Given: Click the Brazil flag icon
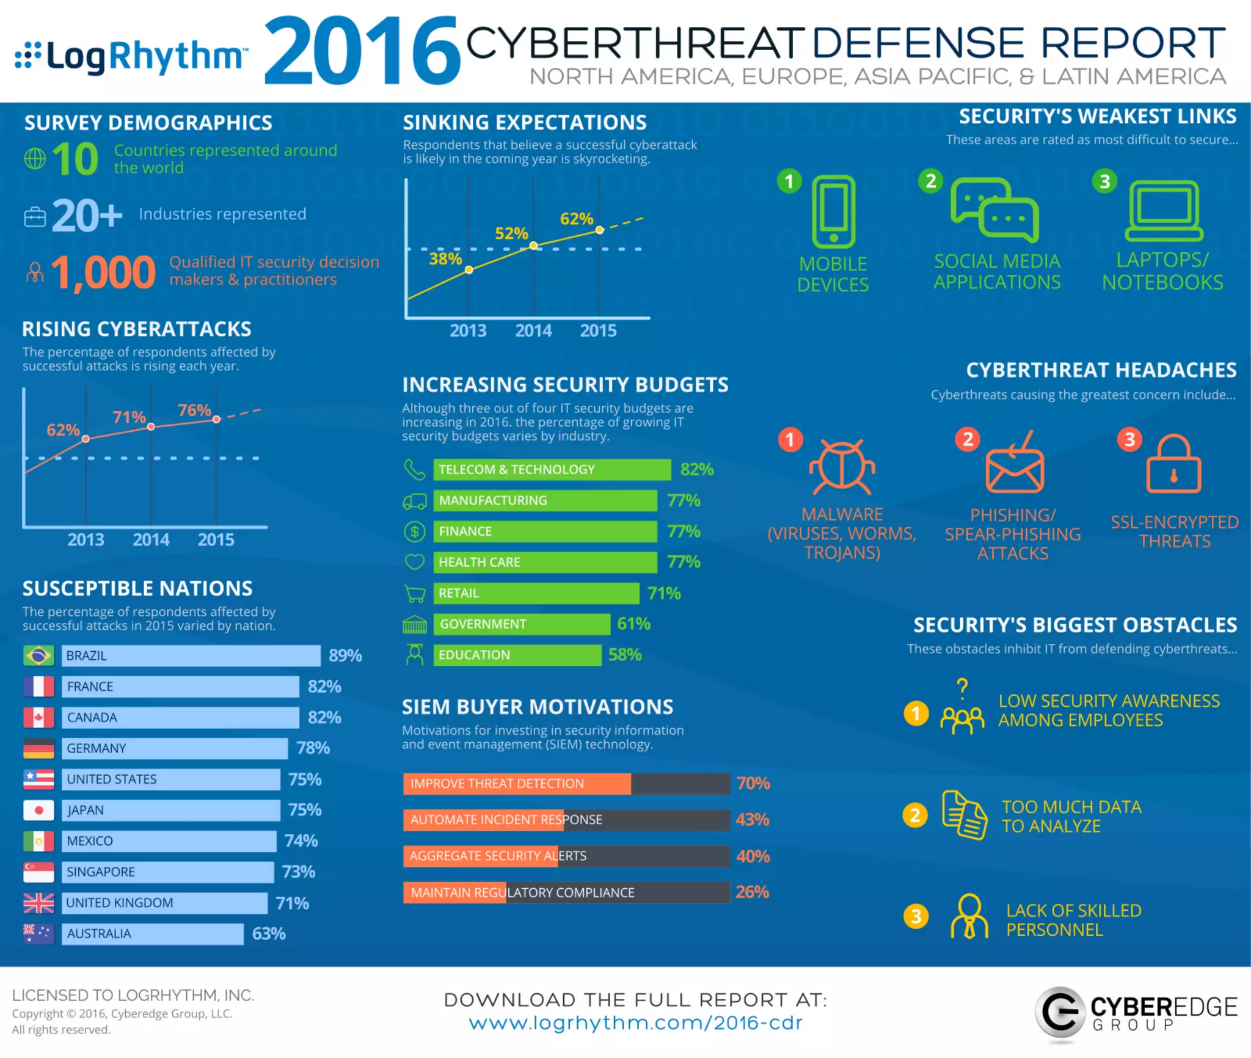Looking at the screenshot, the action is click(38, 655).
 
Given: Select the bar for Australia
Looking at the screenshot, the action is click(153, 933).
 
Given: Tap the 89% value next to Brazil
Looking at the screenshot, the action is click(345, 655).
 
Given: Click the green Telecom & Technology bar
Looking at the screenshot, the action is click(552, 469).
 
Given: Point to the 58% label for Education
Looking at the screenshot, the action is click(625, 655).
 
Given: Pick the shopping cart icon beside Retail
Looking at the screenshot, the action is click(415, 593).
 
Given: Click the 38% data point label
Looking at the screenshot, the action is click(445, 259).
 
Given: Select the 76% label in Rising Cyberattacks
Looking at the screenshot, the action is click(194, 410).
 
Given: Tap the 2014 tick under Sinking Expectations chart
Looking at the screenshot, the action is click(533, 330).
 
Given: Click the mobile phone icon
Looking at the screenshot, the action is click(834, 211).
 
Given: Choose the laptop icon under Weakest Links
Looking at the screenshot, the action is click(1164, 211).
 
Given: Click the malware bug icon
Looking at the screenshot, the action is click(842, 467).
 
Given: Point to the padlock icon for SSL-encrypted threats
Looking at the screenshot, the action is click(1173, 464).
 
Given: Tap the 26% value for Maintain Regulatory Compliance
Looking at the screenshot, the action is click(753, 892).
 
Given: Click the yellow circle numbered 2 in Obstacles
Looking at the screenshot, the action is click(915, 815).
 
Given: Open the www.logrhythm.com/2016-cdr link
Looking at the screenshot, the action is click(635, 1023).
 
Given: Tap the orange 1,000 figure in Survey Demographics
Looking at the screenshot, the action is click(103, 272).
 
